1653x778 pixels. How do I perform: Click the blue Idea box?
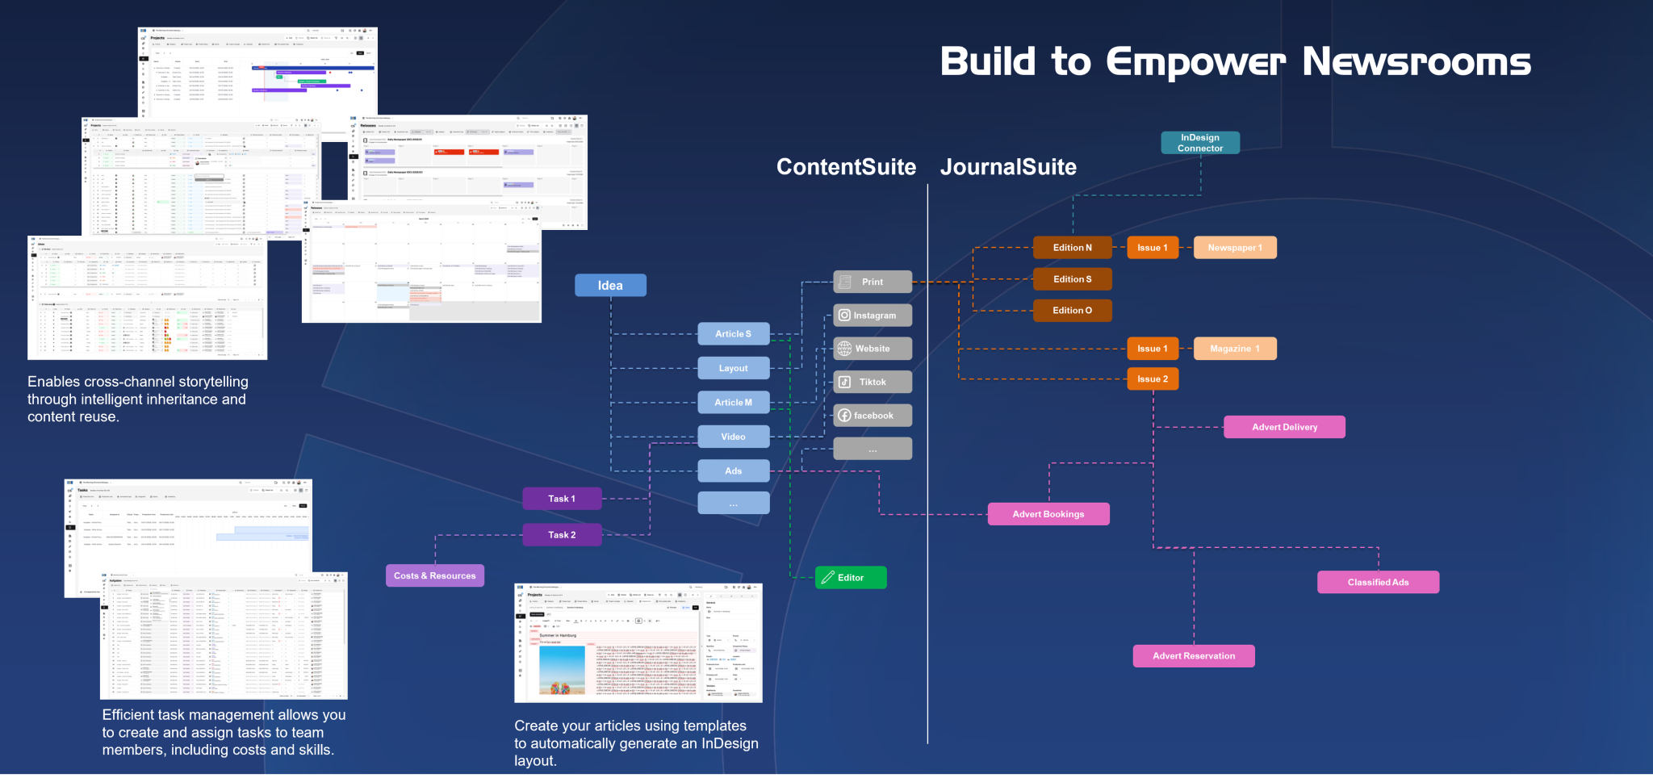pos(610,285)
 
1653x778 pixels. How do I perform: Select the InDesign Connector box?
pos(1200,143)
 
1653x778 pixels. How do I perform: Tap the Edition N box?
pos(1072,248)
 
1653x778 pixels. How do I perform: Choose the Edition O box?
pos(1072,311)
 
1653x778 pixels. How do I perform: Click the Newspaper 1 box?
pos(1234,248)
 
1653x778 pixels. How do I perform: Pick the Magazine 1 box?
pos(1234,349)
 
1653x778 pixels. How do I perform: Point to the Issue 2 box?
pos(1152,379)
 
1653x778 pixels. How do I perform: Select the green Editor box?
pos(851,578)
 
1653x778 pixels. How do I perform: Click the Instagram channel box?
pos(873,316)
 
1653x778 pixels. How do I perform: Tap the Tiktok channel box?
pos(873,383)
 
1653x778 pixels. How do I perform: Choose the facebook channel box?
pos(873,416)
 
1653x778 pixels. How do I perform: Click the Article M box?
pos(733,403)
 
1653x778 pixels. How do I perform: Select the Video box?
pos(733,437)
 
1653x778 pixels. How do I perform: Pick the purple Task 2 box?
pos(562,535)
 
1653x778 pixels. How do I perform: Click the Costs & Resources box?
pos(435,576)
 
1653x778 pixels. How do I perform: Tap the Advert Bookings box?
pos(1048,514)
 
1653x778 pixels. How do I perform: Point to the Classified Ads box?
pos(1378,583)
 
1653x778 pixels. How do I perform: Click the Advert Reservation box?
pos(1194,656)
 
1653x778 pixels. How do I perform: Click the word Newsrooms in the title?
pos(1417,62)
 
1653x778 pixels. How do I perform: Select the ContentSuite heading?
pos(846,167)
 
